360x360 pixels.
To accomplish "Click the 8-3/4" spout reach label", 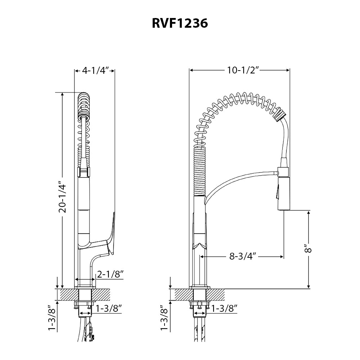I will pyautogui.click(x=242, y=257).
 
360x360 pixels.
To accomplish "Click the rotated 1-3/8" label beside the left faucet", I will pyautogui.click(x=53, y=318).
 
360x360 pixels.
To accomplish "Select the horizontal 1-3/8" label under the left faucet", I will pyautogui.click(x=109, y=309).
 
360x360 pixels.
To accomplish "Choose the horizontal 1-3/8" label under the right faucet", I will pyautogui.click(x=224, y=309).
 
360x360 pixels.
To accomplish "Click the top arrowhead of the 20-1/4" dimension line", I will pyautogui.click(x=63, y=94).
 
